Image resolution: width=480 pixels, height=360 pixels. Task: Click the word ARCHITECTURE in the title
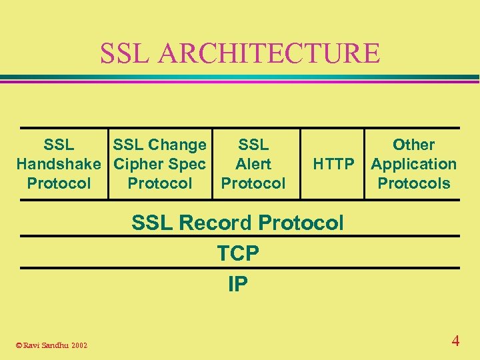(268, 53)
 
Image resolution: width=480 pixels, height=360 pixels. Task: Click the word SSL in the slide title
(125, 53)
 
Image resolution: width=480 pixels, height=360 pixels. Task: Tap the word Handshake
(59, 164)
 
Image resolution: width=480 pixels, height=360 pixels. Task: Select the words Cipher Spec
(159, 164)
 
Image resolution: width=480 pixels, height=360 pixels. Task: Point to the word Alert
(253, 164)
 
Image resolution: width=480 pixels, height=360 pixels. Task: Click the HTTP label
(333, 164)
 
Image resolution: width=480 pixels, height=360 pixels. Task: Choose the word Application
(413, 164)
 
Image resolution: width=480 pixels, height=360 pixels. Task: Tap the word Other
(413, 145)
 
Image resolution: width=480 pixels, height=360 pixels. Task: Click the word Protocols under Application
(413, 183)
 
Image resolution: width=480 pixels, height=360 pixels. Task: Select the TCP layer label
(238, 253)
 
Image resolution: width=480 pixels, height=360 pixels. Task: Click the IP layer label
(238, 285)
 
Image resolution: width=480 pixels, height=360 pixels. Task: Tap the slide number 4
(455, 341)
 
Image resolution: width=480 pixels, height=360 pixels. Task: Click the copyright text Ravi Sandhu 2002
(54, 345)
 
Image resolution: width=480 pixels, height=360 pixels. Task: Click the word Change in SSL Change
(177, 145)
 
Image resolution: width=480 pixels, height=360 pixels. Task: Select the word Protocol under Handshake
(59, 183)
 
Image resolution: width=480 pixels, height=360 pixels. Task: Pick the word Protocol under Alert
(253, 183)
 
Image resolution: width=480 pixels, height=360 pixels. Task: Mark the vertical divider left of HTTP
(300, 164)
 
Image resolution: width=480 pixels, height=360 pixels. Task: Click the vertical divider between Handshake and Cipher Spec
(108, 164)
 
